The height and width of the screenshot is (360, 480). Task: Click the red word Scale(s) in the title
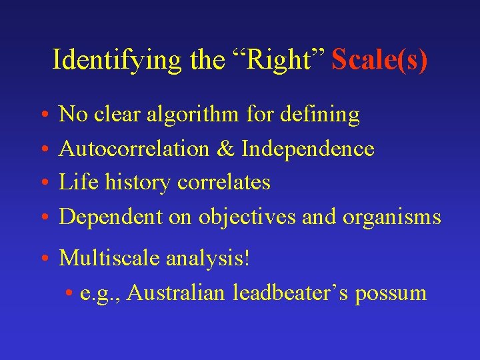[379, 61]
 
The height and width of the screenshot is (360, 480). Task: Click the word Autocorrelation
[134, 149]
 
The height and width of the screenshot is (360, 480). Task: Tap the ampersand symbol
[225, 149]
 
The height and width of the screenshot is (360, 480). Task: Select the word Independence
[307, 149]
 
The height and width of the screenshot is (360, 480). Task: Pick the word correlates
[224, 182]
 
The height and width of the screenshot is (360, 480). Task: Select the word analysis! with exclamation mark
[204, 257]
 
